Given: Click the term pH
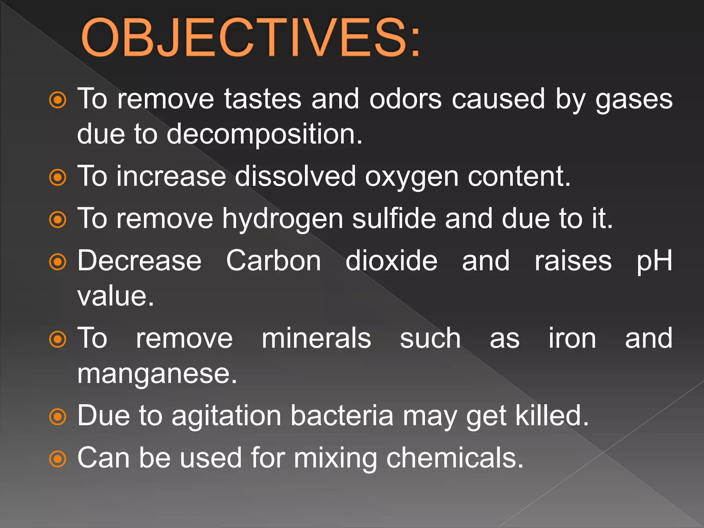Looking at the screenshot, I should click(x=654, y=261).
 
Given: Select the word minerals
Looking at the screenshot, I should click(x=316, y=338).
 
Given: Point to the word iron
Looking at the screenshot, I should click(x=572, y=338).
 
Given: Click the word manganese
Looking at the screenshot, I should click(x=157, y=374).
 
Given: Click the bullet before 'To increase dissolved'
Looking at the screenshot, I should click(x=57, y=178).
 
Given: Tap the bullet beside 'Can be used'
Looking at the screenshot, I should click(x=57, y=459).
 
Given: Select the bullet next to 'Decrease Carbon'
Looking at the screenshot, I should click(x=57, y=262).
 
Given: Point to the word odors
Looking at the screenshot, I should click(x=405, y=99).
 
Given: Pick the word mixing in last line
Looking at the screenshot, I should click(x=335, y=459).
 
